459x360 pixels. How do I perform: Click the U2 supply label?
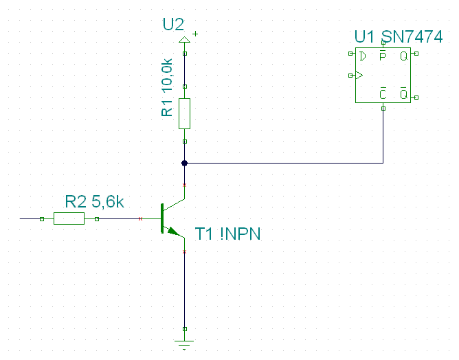point(173,25)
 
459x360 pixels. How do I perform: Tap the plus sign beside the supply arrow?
point(195,34)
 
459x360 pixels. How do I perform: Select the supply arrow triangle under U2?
point(184,40)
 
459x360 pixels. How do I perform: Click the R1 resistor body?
point(184,113)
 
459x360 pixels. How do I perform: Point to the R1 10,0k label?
point(167,88)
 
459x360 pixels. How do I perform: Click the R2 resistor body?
point(69,218)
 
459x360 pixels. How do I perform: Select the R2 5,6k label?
point(94,202)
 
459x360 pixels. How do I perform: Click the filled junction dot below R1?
point(184,163)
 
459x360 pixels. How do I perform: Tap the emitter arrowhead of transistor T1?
point(173,232)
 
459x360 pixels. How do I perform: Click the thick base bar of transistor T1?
point(162,218)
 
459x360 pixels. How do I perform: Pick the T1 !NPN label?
point(227,234)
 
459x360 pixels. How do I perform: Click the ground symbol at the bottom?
point(184,345)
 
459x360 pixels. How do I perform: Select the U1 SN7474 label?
point(399,37)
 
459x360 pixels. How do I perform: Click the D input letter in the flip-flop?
point(363,56)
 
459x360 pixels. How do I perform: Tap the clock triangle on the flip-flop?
point(359,76)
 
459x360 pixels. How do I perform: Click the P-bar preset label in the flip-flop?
point(383,55)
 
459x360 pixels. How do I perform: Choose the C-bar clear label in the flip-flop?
point(383,93)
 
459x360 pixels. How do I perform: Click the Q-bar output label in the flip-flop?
point(403,93)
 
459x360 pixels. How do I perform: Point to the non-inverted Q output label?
point(403,56)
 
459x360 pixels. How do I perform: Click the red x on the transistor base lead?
point(140,218)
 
